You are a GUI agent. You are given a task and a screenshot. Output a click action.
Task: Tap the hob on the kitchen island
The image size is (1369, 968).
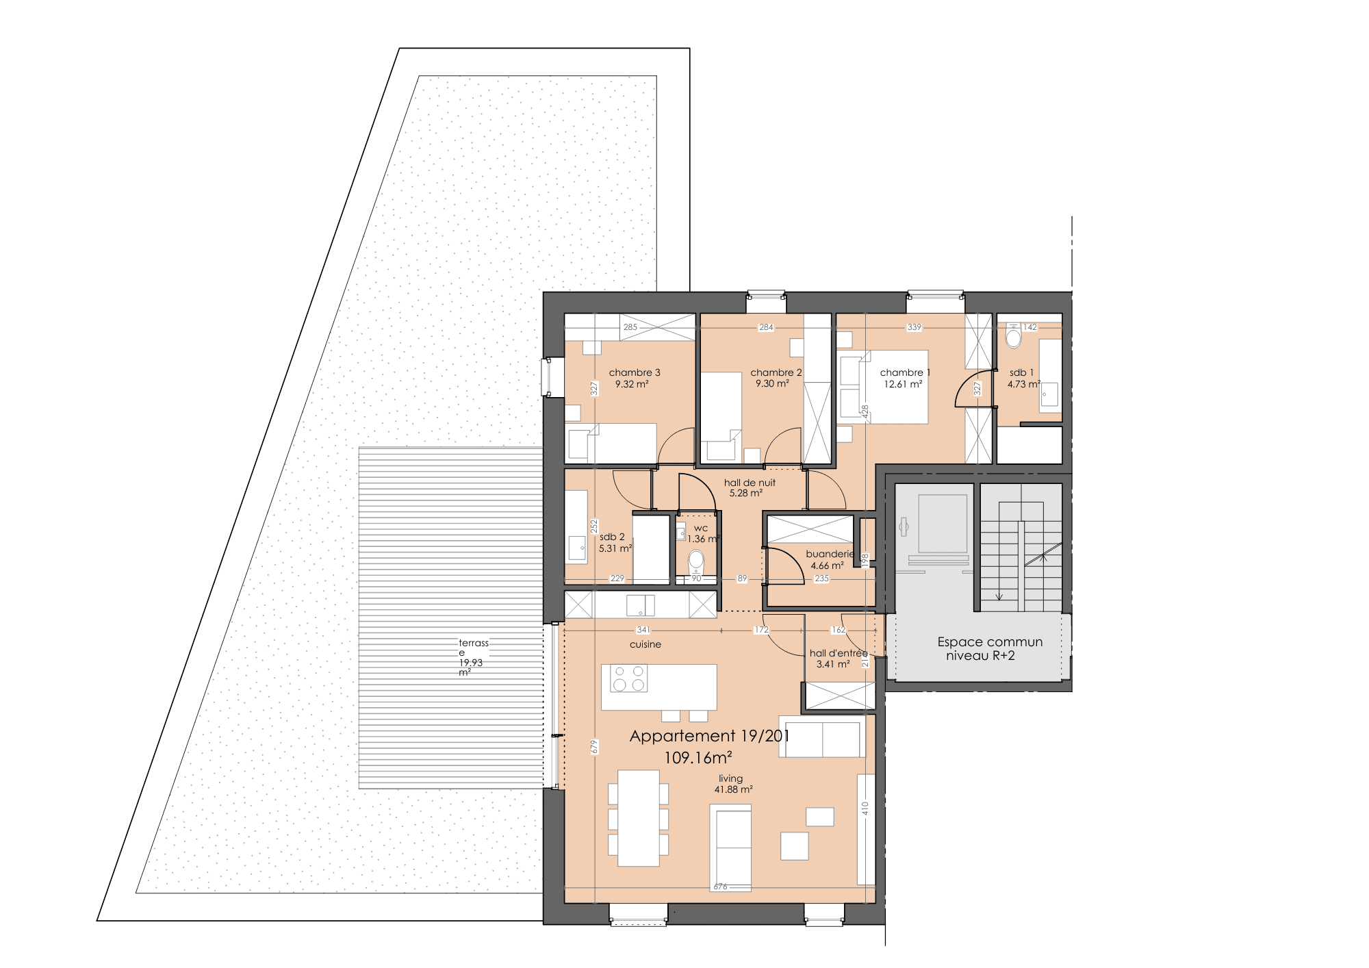click(x=629, y=678)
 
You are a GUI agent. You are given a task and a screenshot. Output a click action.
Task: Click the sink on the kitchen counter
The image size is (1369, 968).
click(x=640, y=605)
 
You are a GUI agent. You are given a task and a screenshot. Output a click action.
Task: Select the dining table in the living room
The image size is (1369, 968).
click(x=639, y=818)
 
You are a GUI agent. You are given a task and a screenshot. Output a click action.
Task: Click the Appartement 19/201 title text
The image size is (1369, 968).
click(x=709, y=736)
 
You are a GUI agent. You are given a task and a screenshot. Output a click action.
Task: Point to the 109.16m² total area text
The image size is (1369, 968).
click(x=698, y=758)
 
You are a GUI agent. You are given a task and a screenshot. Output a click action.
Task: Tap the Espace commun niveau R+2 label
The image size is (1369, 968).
click(x=990, y=648)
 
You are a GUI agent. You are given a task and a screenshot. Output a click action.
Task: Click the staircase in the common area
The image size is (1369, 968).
click(x=1021, y=548)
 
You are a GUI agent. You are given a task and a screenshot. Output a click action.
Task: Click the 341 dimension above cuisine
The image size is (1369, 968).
click(x=643, y=630)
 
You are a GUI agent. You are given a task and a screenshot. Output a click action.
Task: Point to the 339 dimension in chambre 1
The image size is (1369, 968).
click(x=914, y=327)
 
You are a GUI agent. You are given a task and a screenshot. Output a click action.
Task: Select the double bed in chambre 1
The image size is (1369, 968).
click(x=896, y=387)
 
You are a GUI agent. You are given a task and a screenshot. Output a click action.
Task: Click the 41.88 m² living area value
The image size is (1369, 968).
click(x=734, y=789)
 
